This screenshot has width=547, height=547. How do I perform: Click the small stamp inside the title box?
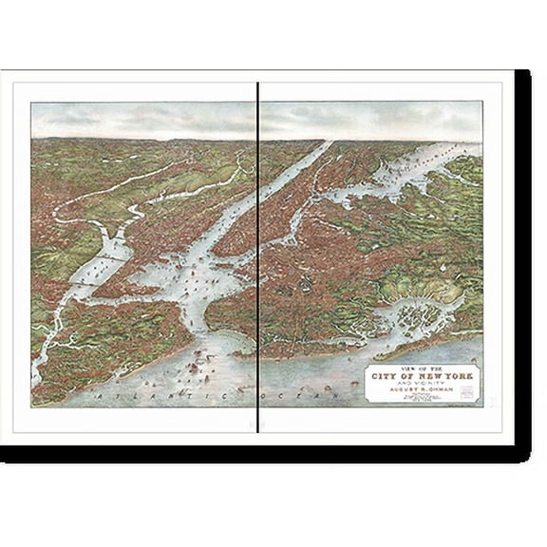tap(466, 391)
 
